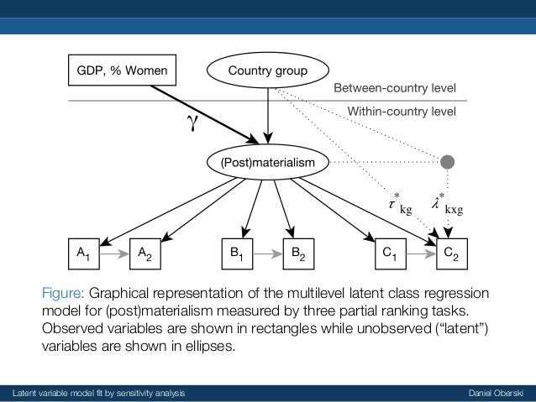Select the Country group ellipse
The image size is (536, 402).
click(268, 70)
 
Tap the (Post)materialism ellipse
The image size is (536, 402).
click(268, 159)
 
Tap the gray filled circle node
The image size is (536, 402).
click(448, 159)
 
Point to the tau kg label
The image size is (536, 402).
click(397, 203)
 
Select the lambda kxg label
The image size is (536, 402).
click(445, 203)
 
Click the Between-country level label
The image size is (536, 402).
click(395, 87)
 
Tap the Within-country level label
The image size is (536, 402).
click(402, 110)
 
